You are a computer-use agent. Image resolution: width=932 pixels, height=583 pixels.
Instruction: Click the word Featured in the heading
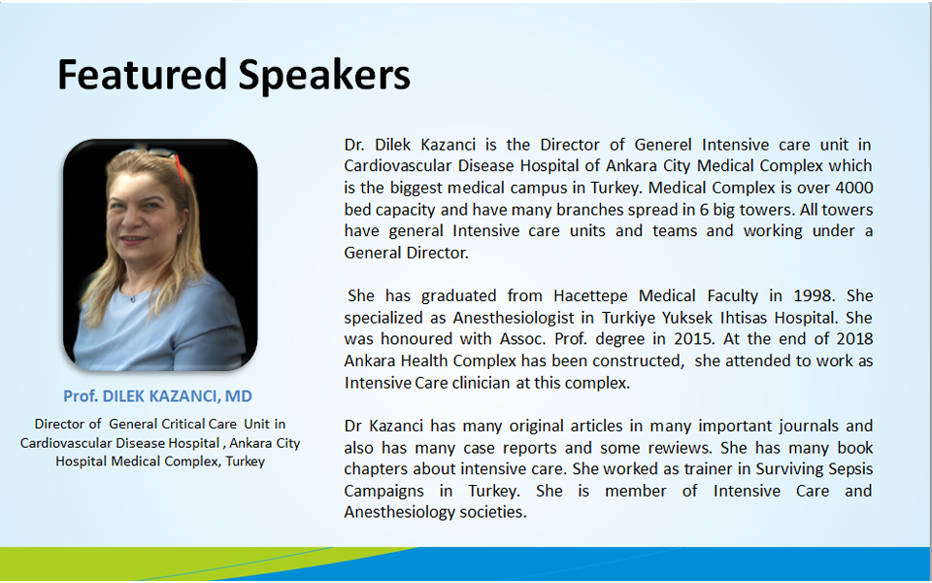142,75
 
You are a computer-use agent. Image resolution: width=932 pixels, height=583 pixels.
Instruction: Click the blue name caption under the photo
158,396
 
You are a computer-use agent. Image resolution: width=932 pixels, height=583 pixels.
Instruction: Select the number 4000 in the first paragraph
854,188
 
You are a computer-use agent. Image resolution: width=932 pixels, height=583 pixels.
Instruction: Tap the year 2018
854,339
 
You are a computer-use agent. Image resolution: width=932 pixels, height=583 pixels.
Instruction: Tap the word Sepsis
849,470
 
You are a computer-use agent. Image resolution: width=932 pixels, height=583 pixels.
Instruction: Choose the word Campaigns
384,492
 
